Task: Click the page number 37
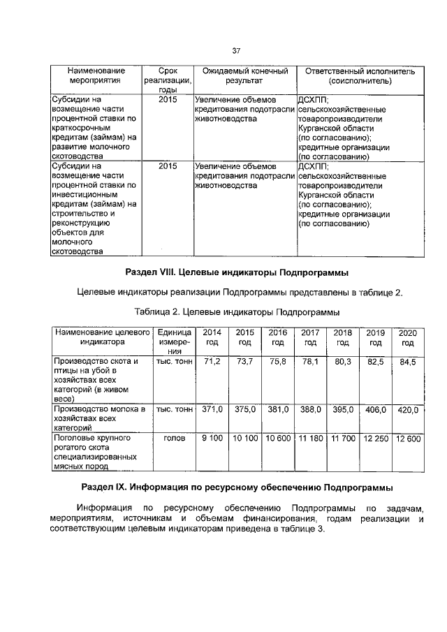236,50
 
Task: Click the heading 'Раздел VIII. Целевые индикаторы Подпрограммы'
236,272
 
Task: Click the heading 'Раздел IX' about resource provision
236,485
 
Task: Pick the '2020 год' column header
408,338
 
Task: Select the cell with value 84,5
408,362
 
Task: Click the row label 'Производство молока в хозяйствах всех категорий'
98,416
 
